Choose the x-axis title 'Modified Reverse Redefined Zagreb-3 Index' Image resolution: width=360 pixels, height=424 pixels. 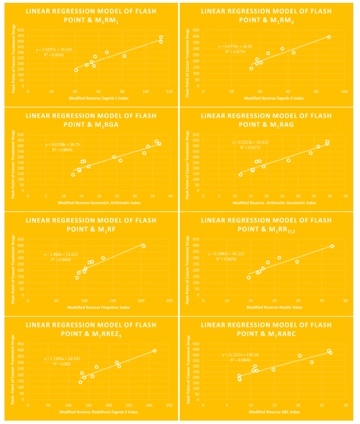[96, 412]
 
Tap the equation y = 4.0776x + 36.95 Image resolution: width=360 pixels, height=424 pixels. [236, 46]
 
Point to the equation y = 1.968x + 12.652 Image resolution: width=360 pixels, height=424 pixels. [60, 255]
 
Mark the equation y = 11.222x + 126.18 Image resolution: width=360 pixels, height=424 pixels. [240, 354]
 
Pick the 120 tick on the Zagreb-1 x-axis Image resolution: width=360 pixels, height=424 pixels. [169, 91]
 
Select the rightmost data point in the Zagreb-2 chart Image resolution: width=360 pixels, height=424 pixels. [329, 37]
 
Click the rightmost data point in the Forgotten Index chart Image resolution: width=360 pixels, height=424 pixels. [144, 246]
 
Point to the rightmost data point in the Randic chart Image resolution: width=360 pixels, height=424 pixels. [332, 246]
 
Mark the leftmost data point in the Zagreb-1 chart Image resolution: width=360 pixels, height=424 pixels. [76, 70]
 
